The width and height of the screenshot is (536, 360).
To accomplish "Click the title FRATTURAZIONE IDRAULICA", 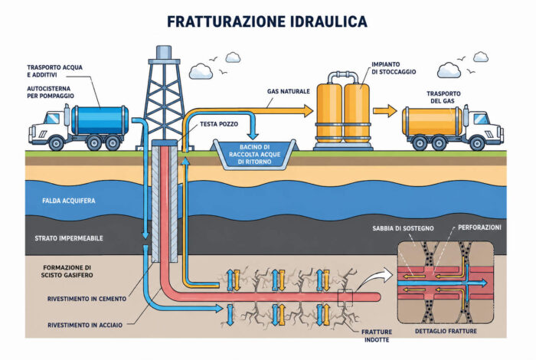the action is coord(267,21).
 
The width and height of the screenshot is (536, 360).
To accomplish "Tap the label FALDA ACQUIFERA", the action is coord(69,201).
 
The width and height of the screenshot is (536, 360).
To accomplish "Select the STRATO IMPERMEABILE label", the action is coord(69,238).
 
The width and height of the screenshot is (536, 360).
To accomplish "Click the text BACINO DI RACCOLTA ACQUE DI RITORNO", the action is coord(255,154).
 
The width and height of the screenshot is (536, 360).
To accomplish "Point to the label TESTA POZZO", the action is coord(219,124).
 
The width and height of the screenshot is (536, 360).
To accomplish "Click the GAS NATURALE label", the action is coord(289,91).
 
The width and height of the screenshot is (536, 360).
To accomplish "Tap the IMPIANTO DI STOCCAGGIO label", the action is coord(394,68).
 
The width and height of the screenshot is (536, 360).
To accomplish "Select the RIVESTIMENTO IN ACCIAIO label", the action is coord(85,325).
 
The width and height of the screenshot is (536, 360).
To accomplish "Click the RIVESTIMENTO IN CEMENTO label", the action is coord(87,299).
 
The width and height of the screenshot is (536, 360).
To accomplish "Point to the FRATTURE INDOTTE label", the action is coord(377,335).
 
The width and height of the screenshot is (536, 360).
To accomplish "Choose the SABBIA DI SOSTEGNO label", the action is coord(403,228).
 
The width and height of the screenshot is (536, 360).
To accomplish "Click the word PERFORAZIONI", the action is coord(479,227).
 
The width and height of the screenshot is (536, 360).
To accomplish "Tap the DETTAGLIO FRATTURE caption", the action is coord(446,331).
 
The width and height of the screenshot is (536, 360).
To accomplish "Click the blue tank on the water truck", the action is coord(100,120).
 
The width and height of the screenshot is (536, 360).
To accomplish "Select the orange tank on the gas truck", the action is coord(432,121).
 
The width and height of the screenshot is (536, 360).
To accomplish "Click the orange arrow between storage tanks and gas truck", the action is coord(385,111).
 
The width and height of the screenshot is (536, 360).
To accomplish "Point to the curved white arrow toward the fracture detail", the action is coord(375,277).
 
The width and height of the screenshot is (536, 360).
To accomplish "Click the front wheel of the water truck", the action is coord(56,143).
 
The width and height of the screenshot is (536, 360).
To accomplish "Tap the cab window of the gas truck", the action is coord(482,119).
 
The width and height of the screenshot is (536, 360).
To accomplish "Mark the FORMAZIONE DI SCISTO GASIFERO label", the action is coord(67,271).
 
